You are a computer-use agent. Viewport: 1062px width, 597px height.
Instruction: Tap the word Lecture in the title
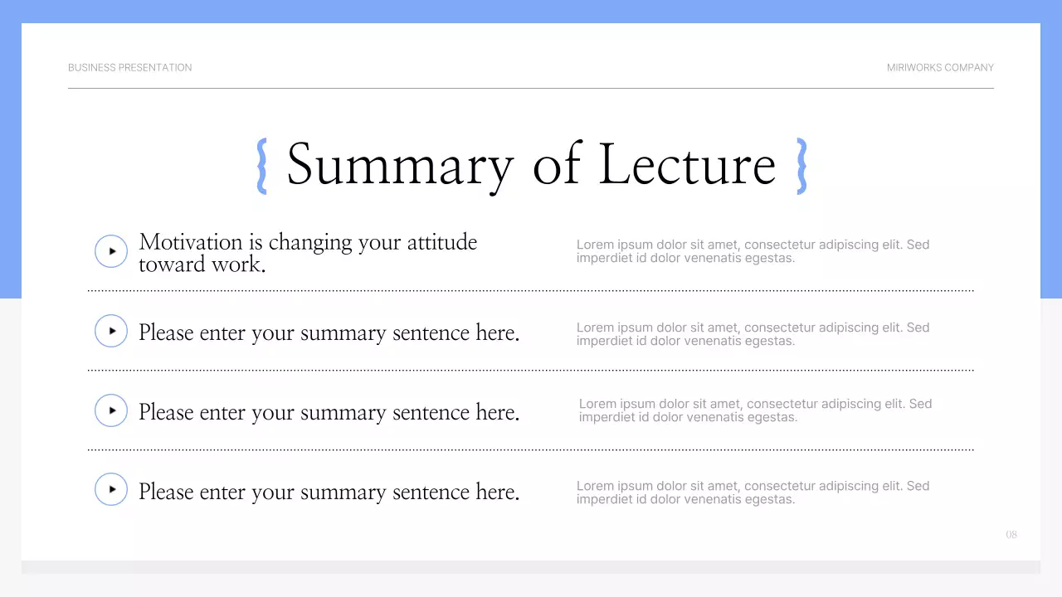tap(687, 165)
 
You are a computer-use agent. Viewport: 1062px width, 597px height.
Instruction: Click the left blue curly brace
tap(262, 166)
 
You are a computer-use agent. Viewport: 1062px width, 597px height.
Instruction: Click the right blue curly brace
tap(801, 166)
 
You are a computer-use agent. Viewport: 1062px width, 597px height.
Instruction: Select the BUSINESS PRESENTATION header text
tap(129, 68)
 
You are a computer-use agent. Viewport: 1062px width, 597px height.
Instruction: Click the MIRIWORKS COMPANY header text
tap(940, 68)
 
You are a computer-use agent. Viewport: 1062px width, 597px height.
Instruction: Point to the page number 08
tap(1011, 535)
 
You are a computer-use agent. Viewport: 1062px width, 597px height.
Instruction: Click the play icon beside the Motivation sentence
tap(111, 251)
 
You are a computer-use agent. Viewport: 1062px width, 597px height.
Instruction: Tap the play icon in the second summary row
tap(111, 331)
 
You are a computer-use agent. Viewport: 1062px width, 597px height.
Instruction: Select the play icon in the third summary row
tap(111, 410)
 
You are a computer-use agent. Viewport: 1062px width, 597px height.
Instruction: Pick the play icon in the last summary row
tap(111, 489)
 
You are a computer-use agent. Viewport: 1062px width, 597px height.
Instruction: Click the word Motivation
tap(191, 242)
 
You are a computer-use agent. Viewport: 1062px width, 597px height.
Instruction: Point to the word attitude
tap(441, 242)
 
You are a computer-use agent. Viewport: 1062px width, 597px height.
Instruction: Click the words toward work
tap(202, 265)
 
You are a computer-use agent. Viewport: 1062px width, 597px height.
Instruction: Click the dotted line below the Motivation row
tap(531, 291)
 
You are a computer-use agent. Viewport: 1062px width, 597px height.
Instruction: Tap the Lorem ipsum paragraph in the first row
tap(753, 251)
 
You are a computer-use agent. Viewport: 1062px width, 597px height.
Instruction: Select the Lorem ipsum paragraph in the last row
tap(753, 493)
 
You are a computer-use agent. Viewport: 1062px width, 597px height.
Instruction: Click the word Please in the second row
tap(166, 332)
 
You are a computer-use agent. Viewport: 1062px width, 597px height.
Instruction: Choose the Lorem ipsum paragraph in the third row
tap(755, 410)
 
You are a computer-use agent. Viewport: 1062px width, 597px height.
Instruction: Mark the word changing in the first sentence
tap(310, 243)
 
